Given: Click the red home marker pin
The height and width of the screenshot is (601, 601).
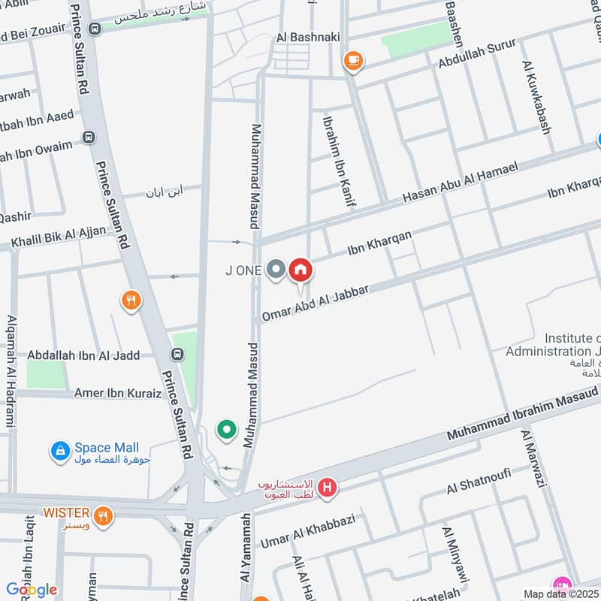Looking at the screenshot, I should point(300,270).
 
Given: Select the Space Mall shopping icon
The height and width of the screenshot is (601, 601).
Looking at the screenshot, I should point(59,452).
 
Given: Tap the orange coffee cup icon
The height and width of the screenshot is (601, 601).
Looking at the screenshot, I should point(352,61).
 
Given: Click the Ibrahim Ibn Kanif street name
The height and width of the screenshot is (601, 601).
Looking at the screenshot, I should point(338,160).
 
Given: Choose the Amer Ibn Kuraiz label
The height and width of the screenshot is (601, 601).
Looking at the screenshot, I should point(118,393).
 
